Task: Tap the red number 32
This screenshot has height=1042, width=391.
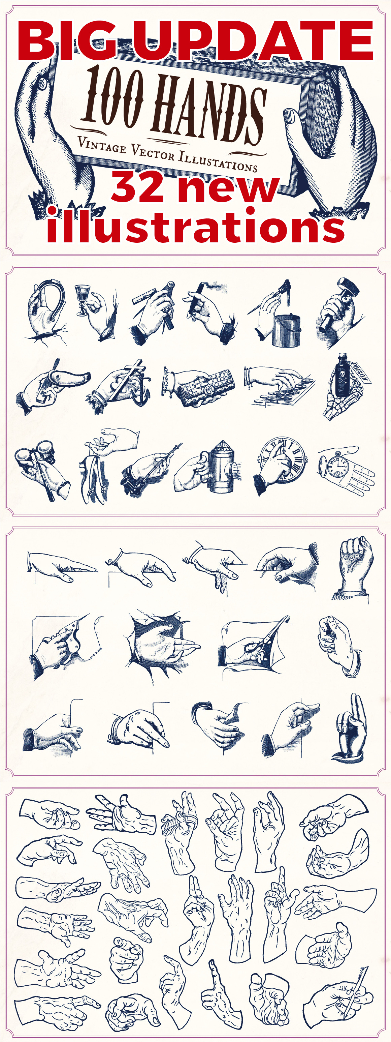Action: pyautogui.click(x=137, y=187)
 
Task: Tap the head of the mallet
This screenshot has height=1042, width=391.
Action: pyautogui.click(x=348, y=287)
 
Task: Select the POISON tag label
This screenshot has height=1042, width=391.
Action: pyautogui.click(x=359, y=372)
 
